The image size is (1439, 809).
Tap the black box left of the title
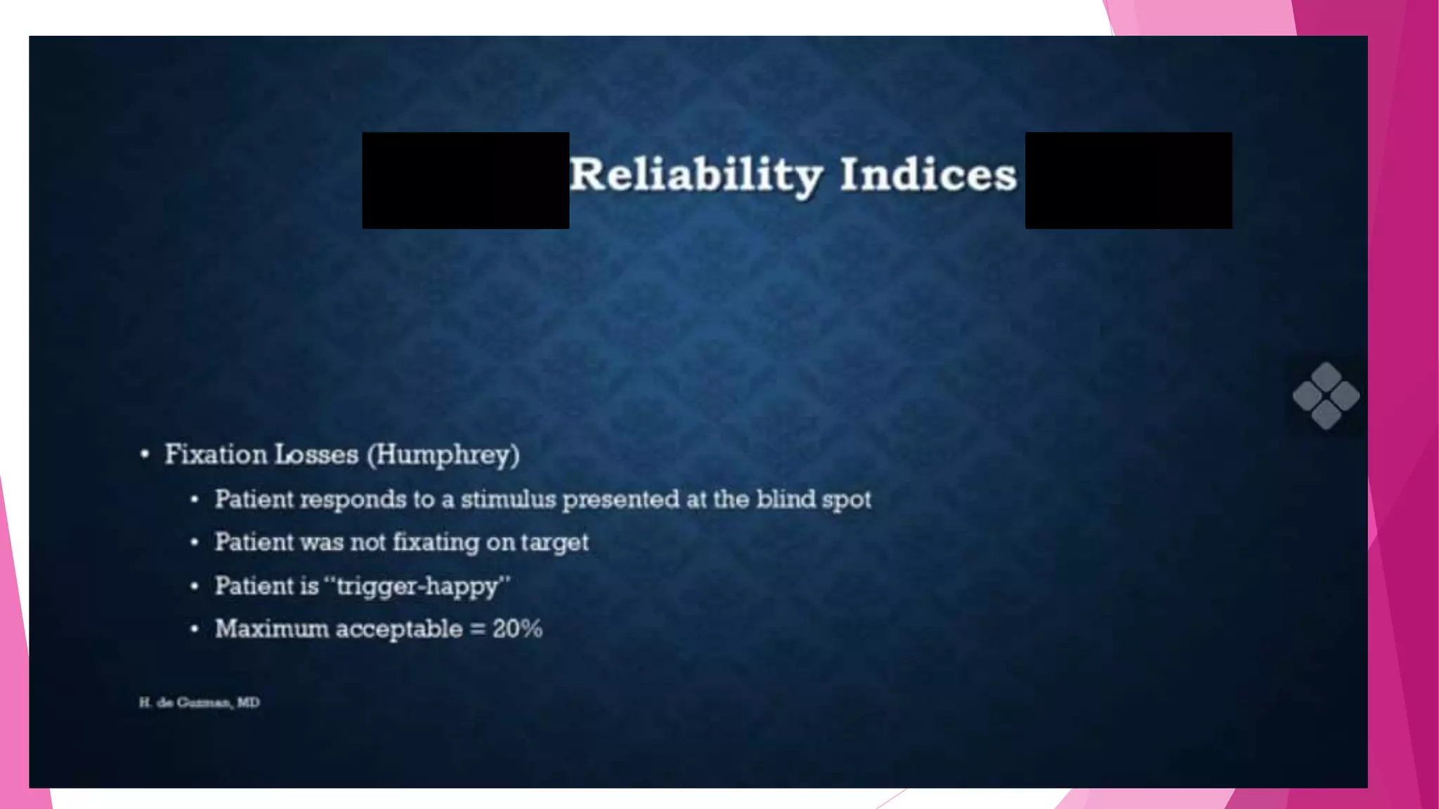465,180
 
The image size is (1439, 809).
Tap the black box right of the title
1128,180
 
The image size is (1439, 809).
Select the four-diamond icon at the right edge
1326,395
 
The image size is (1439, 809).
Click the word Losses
316,454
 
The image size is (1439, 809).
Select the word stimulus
508,499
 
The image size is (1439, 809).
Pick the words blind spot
814,499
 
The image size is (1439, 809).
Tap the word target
554,543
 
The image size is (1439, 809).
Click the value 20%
517,629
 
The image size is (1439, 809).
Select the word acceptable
398,629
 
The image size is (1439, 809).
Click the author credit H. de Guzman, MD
199,702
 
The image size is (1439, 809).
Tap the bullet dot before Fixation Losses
145,454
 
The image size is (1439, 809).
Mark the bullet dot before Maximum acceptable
195,629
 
